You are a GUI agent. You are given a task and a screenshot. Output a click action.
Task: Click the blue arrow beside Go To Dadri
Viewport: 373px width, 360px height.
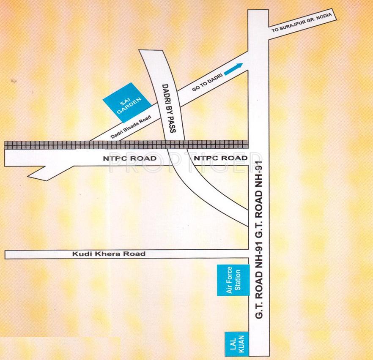(233, 69)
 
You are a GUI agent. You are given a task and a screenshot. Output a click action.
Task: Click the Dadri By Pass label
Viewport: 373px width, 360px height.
(169, 109)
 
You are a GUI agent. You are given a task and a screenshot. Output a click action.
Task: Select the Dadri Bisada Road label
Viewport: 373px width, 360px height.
(130, 128)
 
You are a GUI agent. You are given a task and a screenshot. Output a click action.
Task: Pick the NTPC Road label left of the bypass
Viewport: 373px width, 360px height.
(130, 158)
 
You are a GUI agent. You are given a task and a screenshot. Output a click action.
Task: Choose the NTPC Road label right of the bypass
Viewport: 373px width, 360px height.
(220, 158)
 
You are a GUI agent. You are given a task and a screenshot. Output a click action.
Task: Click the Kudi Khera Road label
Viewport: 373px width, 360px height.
(109, 254)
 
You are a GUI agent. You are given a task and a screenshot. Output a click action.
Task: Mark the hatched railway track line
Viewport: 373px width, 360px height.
(127, 145)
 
